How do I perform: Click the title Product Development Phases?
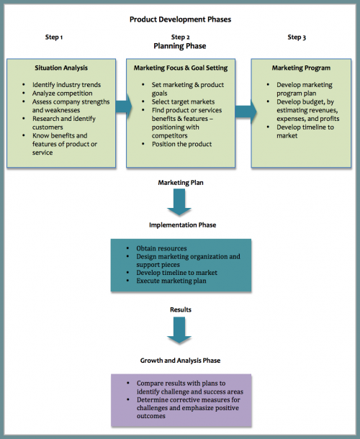(x=180, y=19)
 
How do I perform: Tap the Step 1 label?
(x=54, y=37)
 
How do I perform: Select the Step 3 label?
(x=297, y=37)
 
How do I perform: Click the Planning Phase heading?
(x=180, y=46)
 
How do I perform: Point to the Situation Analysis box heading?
(x=61, y=68)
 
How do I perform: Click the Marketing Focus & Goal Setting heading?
(x=181, y=68)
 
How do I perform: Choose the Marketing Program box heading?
(x=301, y=68)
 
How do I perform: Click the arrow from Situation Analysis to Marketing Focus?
(x=124, y=107)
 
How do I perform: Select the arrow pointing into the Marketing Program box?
(x=246, y=112)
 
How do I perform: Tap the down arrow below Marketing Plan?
(x=179, y=202)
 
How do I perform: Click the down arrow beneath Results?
(x=179, y=330)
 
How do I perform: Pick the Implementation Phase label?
(x=182, y=225)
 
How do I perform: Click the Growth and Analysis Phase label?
(x=180, y=361)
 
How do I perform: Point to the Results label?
(x=181, y=309)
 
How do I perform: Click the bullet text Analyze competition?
(x=62, y=94)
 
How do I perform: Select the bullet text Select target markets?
(x=183, y=101)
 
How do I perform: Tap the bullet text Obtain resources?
(x=161, y=248)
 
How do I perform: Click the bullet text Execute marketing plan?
(x=171, y=281)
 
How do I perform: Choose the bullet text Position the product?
(x=182, y=144)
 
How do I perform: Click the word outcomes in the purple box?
(x=151, y=416)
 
